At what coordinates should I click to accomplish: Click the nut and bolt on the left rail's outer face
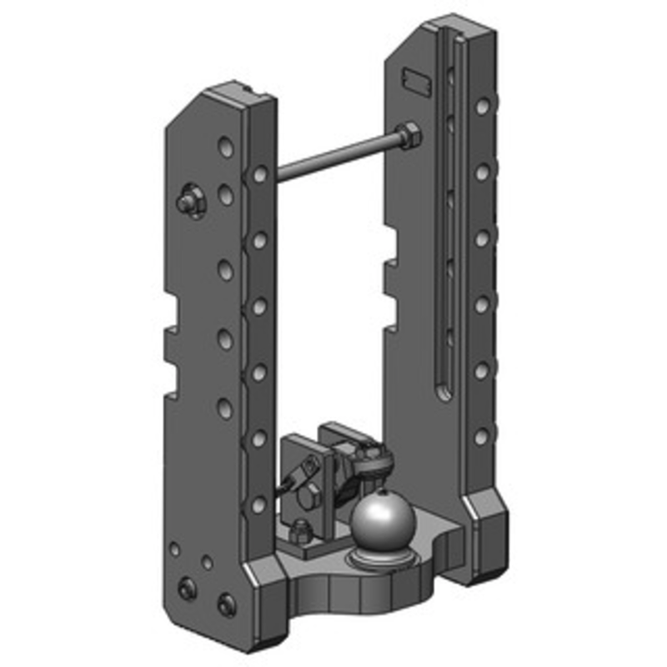[190, 200]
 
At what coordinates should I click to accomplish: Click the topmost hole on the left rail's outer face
[225, 148]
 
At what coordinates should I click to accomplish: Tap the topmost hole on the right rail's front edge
[483, 106]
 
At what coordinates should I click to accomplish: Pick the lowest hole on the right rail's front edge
[481, 436]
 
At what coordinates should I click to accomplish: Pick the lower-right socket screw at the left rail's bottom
[225, 602]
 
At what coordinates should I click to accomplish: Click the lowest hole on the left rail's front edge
[259, 504]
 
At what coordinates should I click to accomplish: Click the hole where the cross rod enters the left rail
[260, 174]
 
